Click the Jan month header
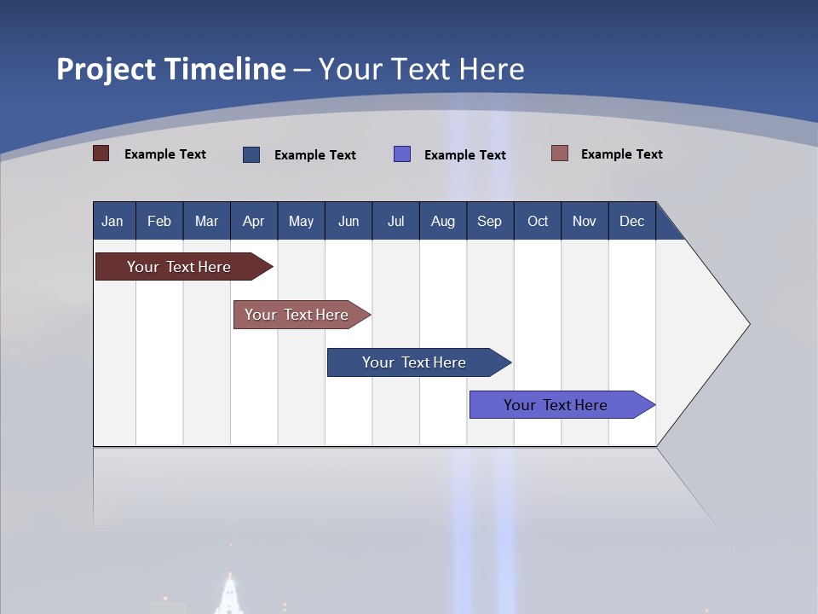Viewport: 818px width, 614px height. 113,221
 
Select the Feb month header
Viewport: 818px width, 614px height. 159,221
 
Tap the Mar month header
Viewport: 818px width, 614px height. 206,221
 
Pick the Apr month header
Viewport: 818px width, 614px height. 254,221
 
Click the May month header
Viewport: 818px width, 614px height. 301,221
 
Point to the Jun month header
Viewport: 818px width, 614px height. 349,221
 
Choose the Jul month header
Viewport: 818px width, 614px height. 395,221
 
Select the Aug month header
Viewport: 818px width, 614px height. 443,221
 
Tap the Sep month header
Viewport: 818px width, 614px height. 490,221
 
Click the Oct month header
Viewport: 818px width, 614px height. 538,221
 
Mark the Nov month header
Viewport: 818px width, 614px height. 585,221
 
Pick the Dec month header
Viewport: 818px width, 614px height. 632,221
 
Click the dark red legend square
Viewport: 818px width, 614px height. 101,153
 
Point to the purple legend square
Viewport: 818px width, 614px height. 402,154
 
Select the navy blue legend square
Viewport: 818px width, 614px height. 251,154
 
